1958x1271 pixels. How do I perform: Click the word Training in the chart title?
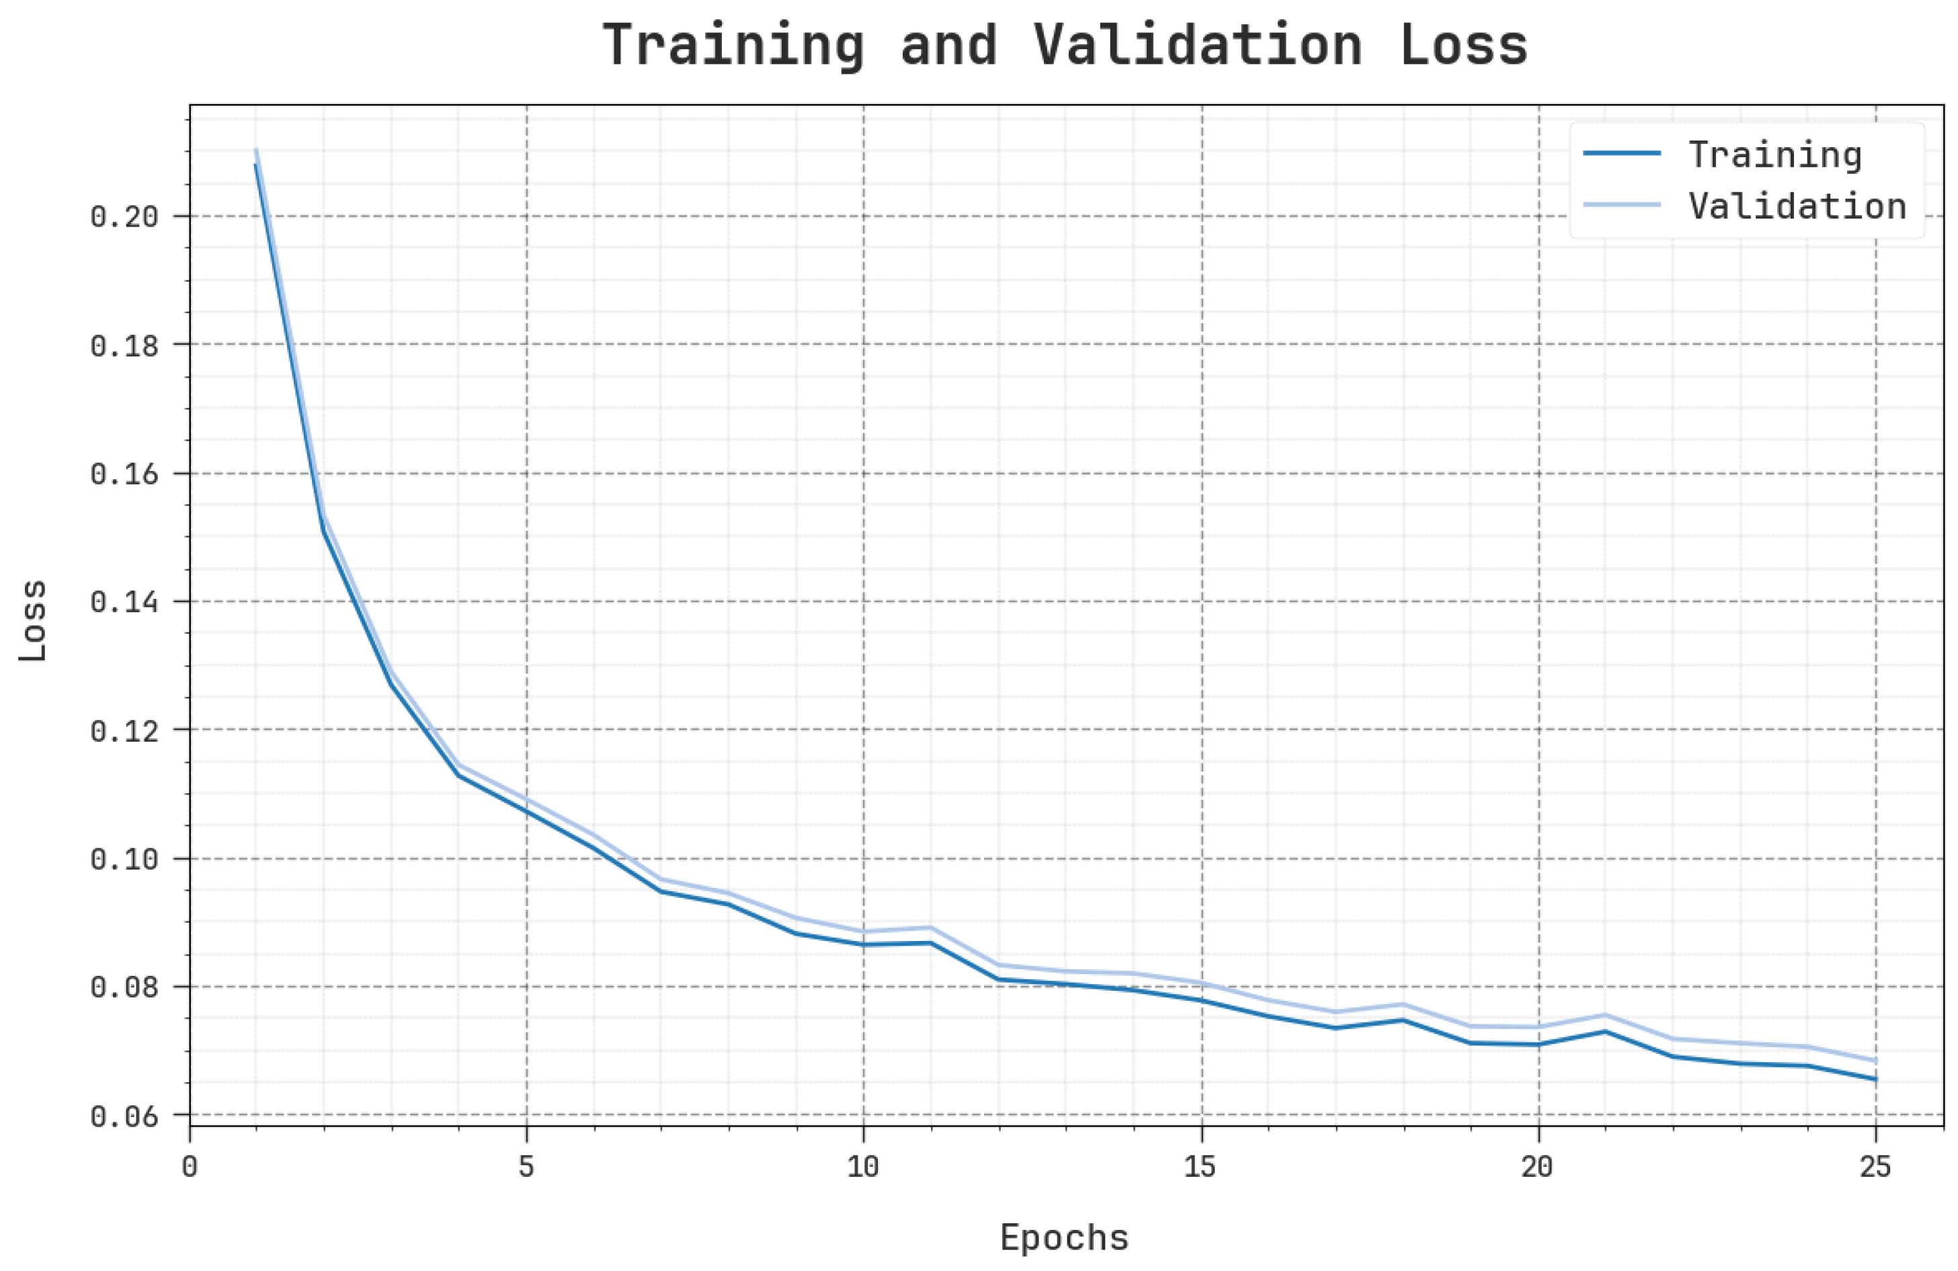tap(733, 46)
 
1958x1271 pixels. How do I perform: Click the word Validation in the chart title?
tap(1198, 46)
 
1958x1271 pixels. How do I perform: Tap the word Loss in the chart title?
tap(1463, 46)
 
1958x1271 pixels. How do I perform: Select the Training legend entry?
tap(1775, 155)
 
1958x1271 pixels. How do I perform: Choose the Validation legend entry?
tap(1797, 206)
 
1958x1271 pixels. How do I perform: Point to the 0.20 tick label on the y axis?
tap(124, 217)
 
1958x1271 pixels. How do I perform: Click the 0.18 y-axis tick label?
tap(124, 345)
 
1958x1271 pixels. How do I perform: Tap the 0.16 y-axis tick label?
tap(124, 475)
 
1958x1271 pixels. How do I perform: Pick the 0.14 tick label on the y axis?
tap(124, 602)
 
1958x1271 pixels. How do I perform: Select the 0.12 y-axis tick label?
tap(124, 731)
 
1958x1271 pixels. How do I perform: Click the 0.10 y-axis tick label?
tap(124, 860)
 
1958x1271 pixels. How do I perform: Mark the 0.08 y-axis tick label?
tap(124, 987)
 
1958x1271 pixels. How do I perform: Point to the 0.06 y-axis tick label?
tap(124, 1116)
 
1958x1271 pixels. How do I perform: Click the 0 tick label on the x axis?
tap(190, 1167)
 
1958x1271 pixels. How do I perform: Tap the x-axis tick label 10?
tap(863, 1167)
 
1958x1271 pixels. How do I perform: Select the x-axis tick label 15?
tap(1200, 1167)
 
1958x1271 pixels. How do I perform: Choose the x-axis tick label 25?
tap(1875, 1167)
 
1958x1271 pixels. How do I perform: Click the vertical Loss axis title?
tap(34, 621)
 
